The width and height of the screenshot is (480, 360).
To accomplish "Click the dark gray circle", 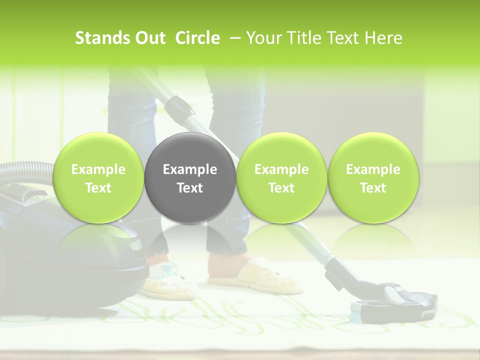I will click(x=190, y=178).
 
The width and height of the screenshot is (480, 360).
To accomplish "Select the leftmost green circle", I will click(x=98, y=178).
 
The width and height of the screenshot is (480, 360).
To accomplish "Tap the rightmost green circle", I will click(x=373, y=178).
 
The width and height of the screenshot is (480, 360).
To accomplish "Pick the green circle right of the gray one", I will click(x=281, y=178).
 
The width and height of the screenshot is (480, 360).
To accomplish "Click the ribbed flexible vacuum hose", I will click(x=25, y=172).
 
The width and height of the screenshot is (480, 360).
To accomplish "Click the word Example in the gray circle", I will click(x=190, y=169).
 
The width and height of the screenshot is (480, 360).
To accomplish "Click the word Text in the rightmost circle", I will click(x=373, y=188).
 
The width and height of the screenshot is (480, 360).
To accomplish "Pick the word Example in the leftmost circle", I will click(x=98, y=169).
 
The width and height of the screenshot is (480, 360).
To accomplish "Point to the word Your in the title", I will click(x=262, y=38).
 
